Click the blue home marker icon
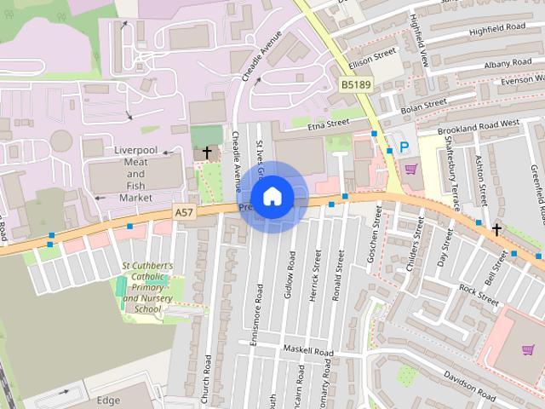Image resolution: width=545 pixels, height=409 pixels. (x=272, y=197)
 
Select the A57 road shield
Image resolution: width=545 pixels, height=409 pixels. (x=183, y=212)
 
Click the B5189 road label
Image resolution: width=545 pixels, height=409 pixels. (x=356, y=85)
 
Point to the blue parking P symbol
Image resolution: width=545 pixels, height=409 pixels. (x=404, y=147)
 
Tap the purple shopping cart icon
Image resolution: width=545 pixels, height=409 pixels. (x=411, y=168)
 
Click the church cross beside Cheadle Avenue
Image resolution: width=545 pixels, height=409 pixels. (x=206, y=153)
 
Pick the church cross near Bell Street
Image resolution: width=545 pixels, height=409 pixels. (x=496, y=229)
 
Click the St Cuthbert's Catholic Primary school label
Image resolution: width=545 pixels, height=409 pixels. (x=147, y=288)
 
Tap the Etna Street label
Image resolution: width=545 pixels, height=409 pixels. (x=329, y=124)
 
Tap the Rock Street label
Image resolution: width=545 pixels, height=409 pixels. (x=479, y=294)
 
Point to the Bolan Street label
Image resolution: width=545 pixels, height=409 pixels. (x=423, y=103)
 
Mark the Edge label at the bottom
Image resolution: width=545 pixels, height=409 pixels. (x=108, y=400)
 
